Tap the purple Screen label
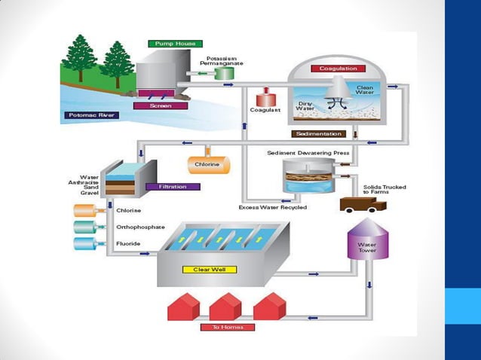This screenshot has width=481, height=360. coord(160,106)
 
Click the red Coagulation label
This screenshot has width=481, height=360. coord(337,69)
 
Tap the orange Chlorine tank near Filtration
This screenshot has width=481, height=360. coord(207,164)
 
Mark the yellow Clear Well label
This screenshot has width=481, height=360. coord(210,269)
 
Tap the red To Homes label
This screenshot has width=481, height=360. coord(228,327)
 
